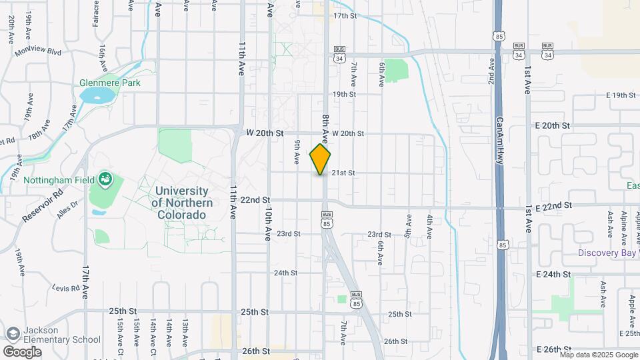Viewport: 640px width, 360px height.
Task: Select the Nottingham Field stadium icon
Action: [105, 179]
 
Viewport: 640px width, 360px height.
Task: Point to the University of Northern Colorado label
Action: [182, 203]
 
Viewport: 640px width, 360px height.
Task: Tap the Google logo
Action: [22, 351]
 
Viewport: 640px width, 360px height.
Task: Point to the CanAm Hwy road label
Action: [499, 140]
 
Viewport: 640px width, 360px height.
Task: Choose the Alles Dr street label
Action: [67, 211]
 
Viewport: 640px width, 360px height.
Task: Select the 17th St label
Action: [345, 15]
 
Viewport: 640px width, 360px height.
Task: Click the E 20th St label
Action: [552, 125]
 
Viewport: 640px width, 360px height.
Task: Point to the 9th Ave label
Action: [297, 151]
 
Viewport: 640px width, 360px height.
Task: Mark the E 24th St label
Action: [552, 274]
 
